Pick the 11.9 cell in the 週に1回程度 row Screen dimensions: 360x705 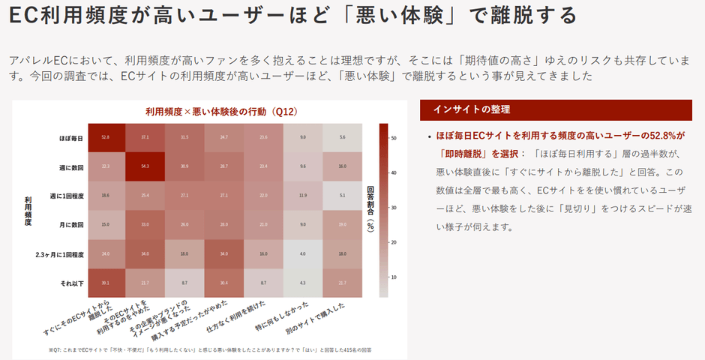[302, 196]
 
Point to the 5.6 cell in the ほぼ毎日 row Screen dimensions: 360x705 [342, 137]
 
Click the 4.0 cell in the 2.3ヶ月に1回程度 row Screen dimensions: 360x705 [302, 254]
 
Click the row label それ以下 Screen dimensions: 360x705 [71, 283]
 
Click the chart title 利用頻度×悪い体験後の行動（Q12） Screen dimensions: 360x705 [221, 112]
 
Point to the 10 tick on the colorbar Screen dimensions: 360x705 [393, 277]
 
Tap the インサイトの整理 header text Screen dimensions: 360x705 [472, 110]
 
